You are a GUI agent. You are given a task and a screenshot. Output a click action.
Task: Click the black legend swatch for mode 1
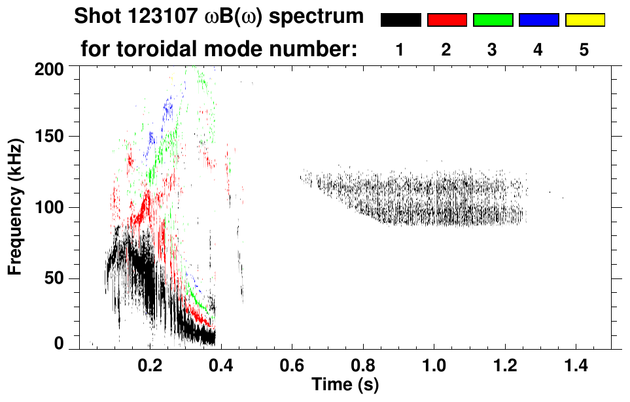[x=400, y=20]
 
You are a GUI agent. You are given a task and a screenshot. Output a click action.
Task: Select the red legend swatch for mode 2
[x=447, y=20]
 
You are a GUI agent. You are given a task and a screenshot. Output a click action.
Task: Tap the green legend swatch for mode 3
[x=493, y=20]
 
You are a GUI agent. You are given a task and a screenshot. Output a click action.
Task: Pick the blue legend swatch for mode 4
[x=538, y=20]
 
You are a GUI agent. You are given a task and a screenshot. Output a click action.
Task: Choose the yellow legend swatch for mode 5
[x=585, y=20]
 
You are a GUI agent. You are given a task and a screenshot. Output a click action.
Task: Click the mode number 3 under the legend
[x=492, y=50]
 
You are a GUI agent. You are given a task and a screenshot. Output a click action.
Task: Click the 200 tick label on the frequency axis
[x=51, y=68]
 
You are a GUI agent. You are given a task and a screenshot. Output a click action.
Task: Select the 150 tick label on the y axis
[x=51, y=137]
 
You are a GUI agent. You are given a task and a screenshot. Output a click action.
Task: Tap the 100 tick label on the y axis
[x=51, y=208]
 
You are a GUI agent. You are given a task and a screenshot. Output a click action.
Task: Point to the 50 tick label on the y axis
[x=56, y=279]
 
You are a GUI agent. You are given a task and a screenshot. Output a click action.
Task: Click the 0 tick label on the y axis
[x=60, y=344]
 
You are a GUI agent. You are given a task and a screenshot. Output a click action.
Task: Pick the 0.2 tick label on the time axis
[x=150, y=363]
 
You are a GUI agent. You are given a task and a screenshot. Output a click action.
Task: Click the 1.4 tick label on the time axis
[x=573, y=363]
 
